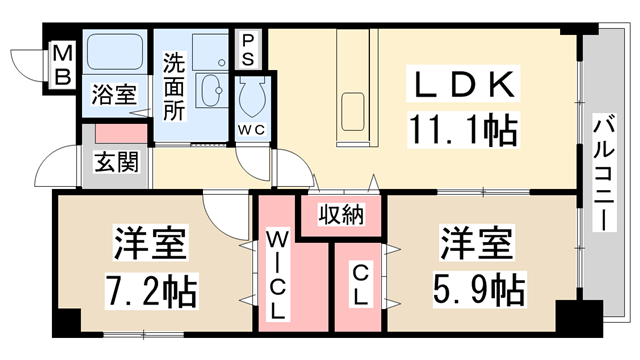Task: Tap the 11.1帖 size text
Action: (461, 128)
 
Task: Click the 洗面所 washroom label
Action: (173, 86)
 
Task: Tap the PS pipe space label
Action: (247, 51)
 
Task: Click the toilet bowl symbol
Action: (249, 99)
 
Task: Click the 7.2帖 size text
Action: (152, 291)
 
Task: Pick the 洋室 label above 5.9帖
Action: (475, 243)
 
